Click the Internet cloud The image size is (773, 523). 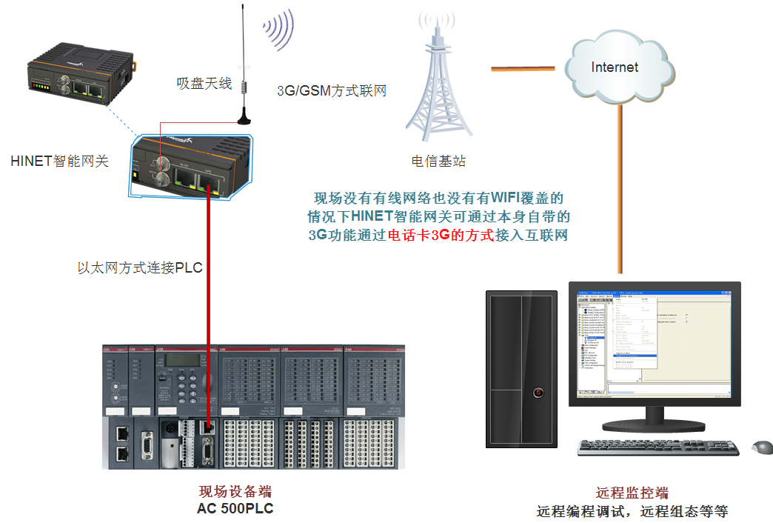(x=618, y=68)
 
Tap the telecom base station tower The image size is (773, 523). (x=438, y=89)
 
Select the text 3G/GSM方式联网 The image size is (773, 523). (x=332, y=91)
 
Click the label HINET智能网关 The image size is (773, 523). (x=60, y=161)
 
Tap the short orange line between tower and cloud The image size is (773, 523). (x=523, y=70)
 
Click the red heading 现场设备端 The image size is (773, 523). (x=229, y=493)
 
